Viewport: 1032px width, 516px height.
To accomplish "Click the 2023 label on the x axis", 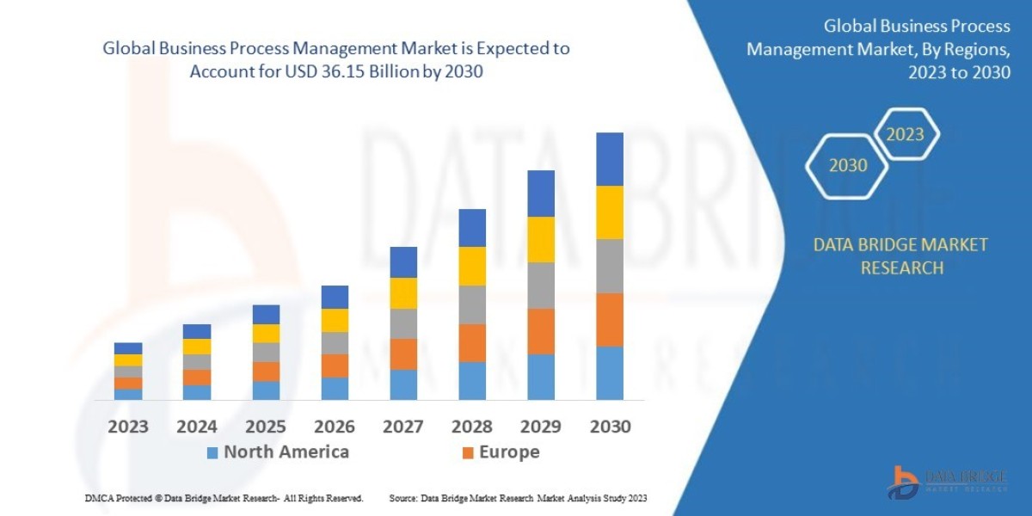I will coord(128,426).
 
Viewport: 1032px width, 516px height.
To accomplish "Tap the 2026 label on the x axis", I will coord(335,426).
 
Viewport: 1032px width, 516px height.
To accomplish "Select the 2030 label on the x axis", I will coord(610,426).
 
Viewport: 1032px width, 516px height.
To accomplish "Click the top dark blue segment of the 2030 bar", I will coord(610,159).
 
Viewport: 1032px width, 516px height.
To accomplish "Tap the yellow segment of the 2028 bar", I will coord(472,266).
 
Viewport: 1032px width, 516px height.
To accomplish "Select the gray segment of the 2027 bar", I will coord(403,323).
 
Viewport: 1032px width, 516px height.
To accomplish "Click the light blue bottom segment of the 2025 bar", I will coord(266,390).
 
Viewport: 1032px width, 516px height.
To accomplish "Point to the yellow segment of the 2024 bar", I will coord(197,347).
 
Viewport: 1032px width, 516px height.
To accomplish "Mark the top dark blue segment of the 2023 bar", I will coord(128,348).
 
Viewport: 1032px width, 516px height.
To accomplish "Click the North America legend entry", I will coord(277,451).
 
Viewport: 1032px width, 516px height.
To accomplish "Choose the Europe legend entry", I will coord(501,451).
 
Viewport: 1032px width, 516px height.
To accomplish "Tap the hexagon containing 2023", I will coord(905,134).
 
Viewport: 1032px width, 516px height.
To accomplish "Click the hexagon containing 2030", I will coord(848,165).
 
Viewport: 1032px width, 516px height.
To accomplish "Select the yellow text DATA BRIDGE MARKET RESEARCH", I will coord(900,256).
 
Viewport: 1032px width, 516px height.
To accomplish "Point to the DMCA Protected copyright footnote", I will coord(224,498).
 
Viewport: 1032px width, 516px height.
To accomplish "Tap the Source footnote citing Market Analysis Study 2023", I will coord(518,498).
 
